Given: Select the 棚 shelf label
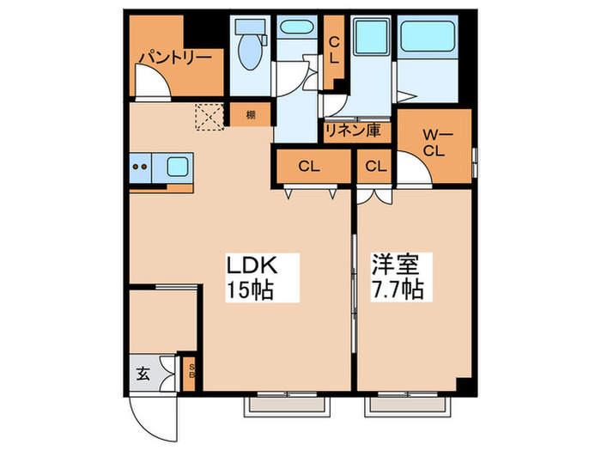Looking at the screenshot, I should click(250, 115).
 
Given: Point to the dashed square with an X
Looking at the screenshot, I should click(209, 117).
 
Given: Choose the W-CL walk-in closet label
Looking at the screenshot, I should click(434, 142).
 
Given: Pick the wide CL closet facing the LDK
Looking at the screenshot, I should click(310, 166).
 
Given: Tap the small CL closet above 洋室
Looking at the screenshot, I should click(375, 166).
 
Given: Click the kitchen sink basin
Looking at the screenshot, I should click(178, 166).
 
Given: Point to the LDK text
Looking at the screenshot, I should click(250, 264).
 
